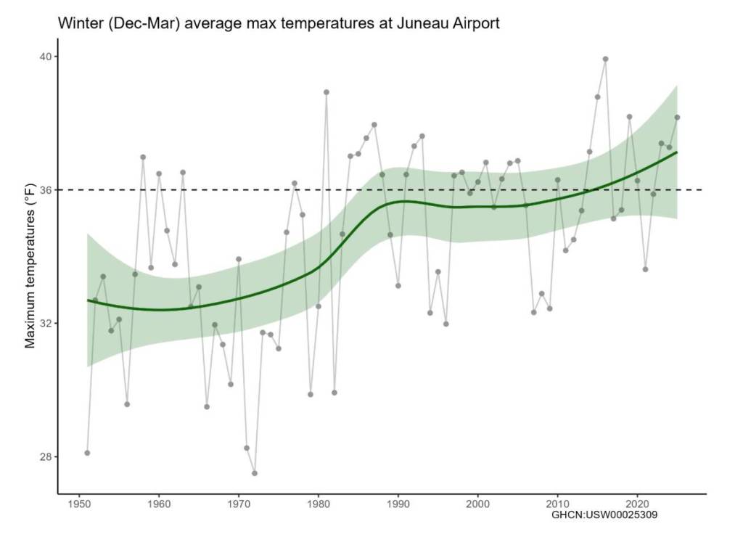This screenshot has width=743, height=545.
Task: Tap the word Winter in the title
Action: point(79,24)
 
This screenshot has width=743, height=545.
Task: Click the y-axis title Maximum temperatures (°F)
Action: point(30,275)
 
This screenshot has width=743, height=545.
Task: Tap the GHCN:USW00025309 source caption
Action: point(604,516)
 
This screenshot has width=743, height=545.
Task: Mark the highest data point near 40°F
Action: point(605,60)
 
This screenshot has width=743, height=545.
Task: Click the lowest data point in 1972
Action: point(255,473)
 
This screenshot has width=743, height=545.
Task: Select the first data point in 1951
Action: point(87,453)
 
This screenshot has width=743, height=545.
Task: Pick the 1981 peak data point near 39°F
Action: point(327,92)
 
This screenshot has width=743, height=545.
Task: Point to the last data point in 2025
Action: point(677,117)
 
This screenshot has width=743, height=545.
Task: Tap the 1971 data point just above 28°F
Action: point(247,448)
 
